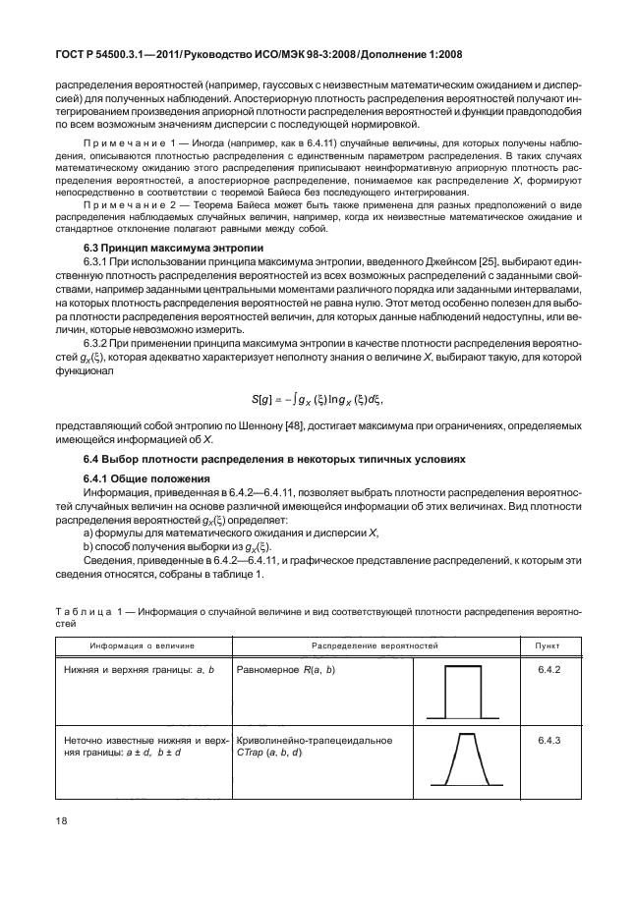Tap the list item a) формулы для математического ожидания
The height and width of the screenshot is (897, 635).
(202, 532)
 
